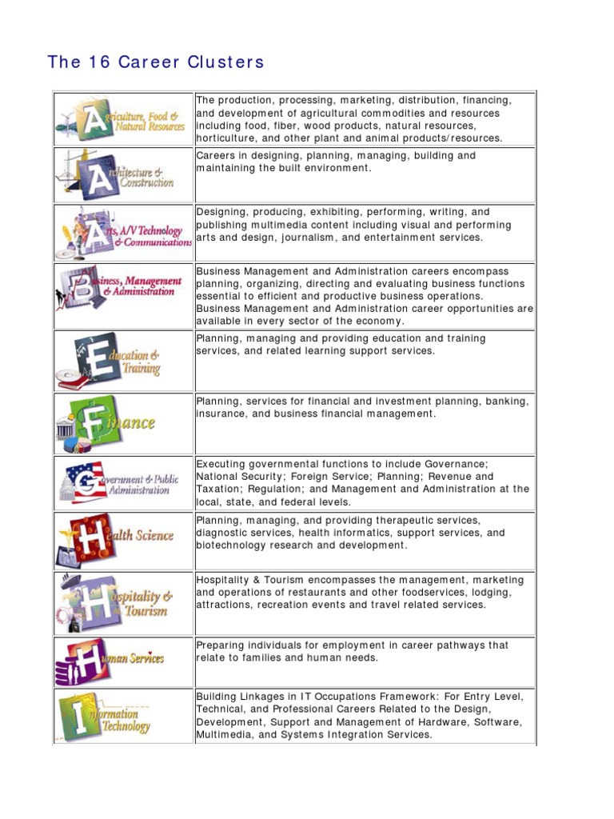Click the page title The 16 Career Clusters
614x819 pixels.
pos(156,62)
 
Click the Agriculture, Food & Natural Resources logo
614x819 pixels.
pos(122,119)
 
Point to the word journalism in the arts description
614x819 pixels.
pos(345,237)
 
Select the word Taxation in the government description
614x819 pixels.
pos(220,489)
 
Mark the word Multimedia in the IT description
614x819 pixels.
pos(225,734)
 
